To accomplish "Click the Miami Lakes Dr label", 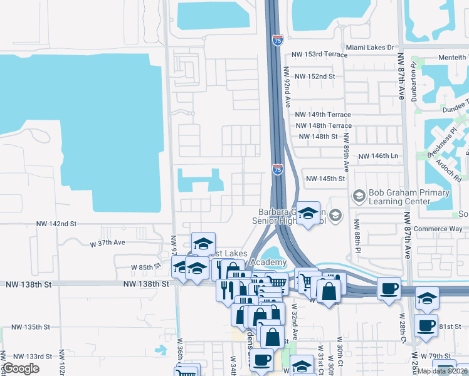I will click(370, 47).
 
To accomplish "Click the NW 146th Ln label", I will click(378, 156).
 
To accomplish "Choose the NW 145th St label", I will click(325, 179).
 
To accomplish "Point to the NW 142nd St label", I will click(56, 224).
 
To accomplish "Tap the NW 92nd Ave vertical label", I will click(287, 87).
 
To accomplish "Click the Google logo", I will click(21, 368).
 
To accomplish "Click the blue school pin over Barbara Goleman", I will click(308, 214).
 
